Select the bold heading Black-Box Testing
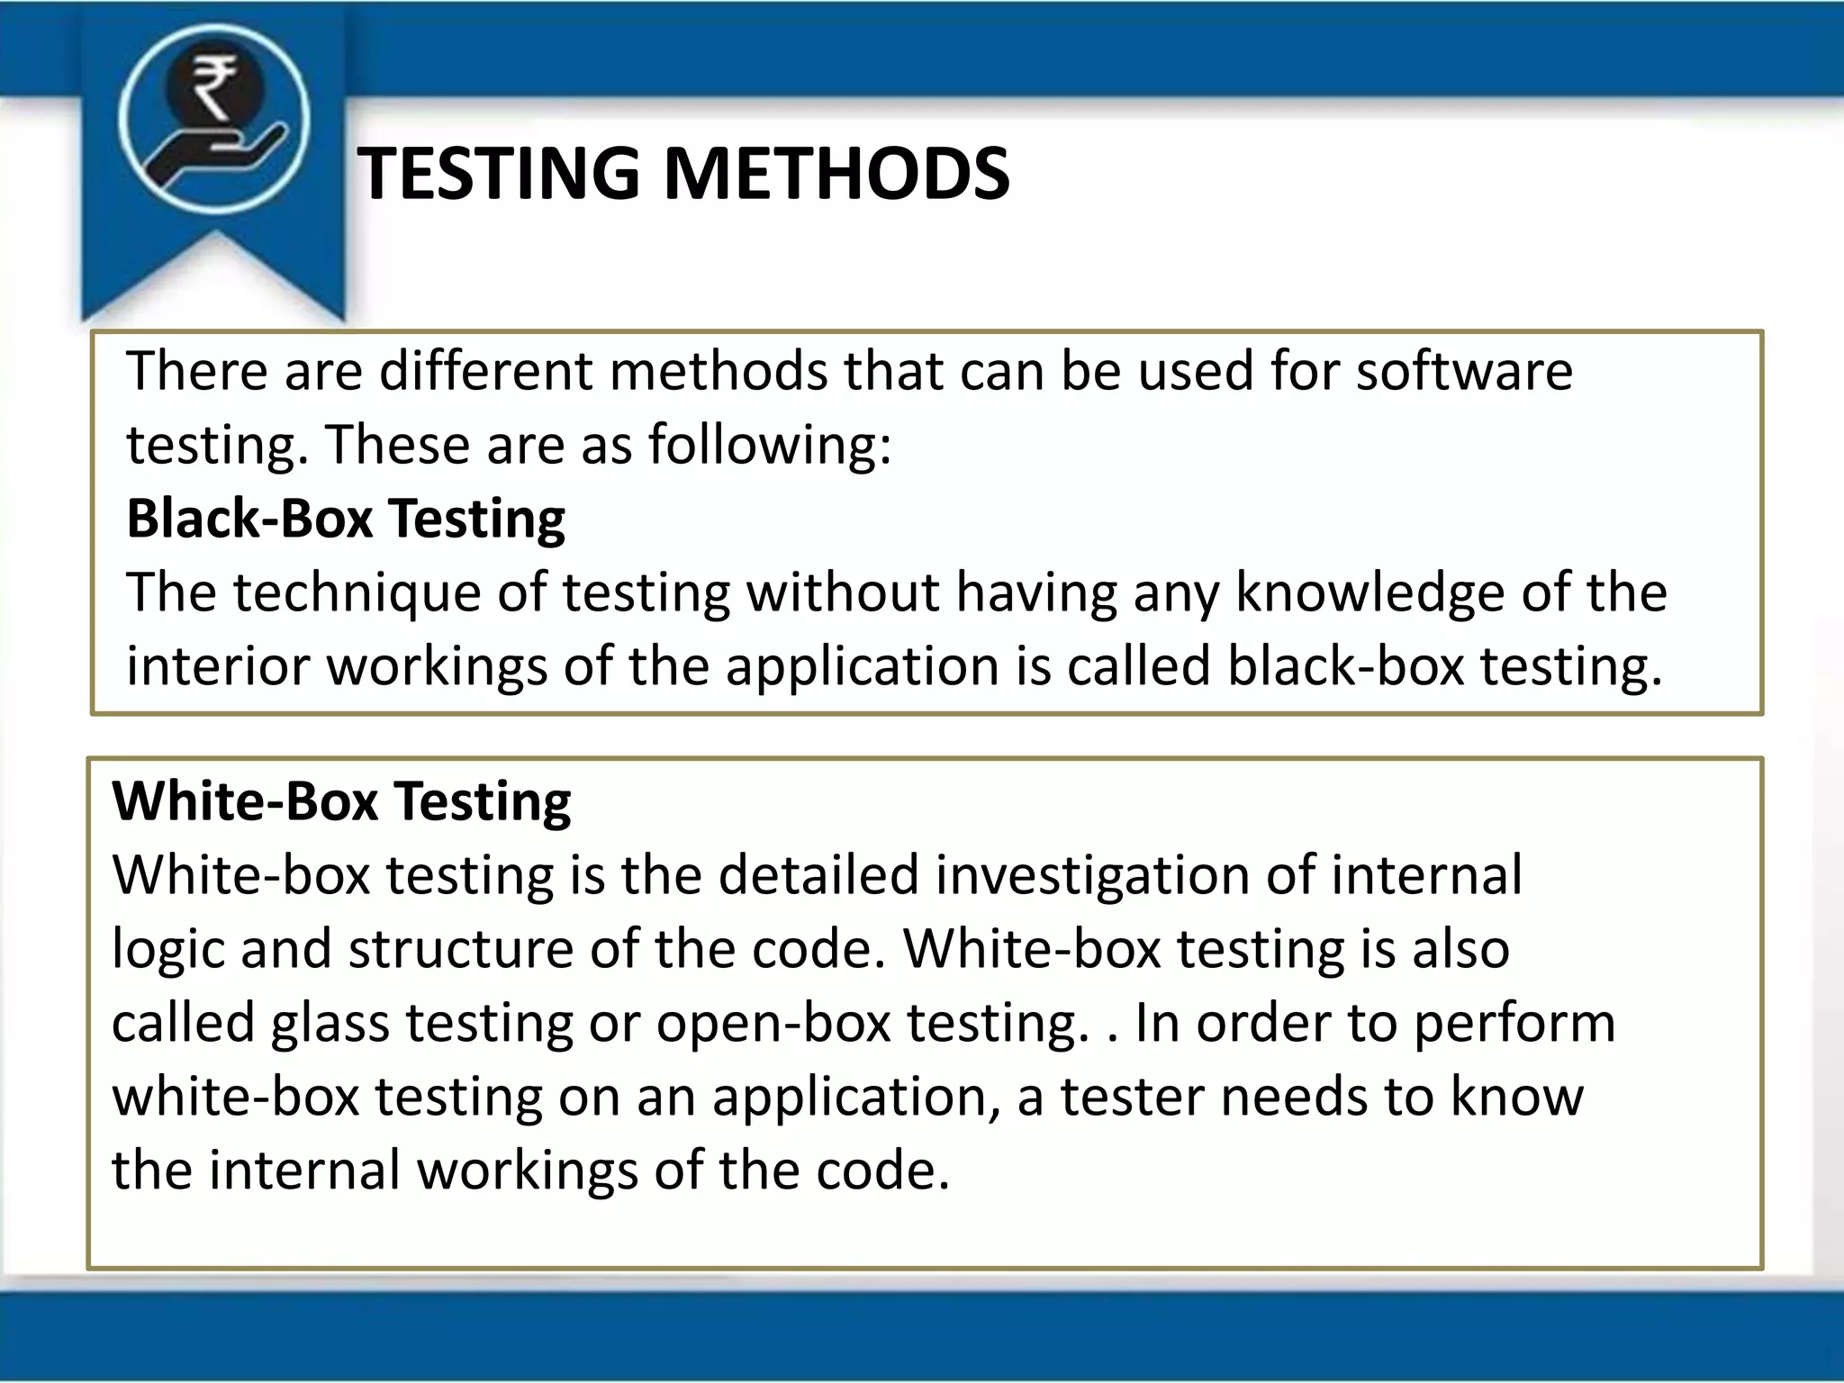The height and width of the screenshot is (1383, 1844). (x=346, y=520)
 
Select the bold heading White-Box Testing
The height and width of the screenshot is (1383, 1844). (x=341, y=801)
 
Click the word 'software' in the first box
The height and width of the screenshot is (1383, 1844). (x=1464, y=371)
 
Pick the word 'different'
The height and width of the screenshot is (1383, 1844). (x=486, y=371)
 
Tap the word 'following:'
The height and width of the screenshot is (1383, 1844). (x=770, y=445)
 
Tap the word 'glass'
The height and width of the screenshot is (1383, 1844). (x=330, y=1023)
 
